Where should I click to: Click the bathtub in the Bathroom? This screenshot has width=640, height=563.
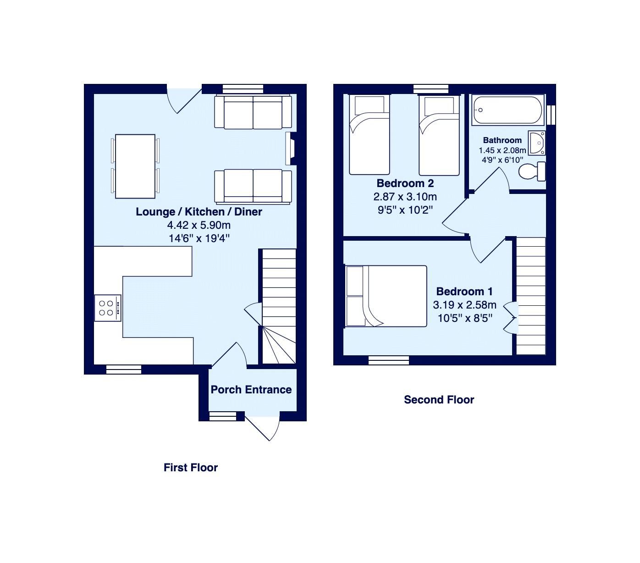tap(508, 110)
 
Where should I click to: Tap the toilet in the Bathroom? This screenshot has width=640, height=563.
tap(532, 171)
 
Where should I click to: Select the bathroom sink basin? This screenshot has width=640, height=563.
tap(537, 143)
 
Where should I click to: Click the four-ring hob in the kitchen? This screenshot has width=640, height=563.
tap(108, 308)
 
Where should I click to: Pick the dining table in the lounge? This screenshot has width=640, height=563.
tap(135, 166)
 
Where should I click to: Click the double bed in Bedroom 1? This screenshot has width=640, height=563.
tap(386, 296)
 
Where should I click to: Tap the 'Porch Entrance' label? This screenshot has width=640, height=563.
tap(251, 390)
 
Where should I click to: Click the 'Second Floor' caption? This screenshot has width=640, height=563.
tap(439, 400)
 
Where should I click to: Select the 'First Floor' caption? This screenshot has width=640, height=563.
tap(190, 468)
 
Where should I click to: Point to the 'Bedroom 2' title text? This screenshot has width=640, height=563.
tap(405, 183)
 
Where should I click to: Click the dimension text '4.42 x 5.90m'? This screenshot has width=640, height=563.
tap(199, 225)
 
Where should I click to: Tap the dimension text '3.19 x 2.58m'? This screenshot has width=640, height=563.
tap(464, 305)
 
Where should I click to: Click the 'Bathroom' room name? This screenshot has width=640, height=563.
tap(502, 140)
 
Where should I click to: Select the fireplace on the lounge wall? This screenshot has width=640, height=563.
tap(290, 148)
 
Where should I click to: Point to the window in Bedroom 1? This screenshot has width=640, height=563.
tap(389, 361)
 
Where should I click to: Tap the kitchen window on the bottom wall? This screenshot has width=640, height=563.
tap(123, 370)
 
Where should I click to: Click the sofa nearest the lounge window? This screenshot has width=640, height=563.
tap(253, 111)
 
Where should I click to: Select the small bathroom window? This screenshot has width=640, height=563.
tap(552, 115)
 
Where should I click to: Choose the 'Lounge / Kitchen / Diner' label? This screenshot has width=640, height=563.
tap(199, 212)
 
